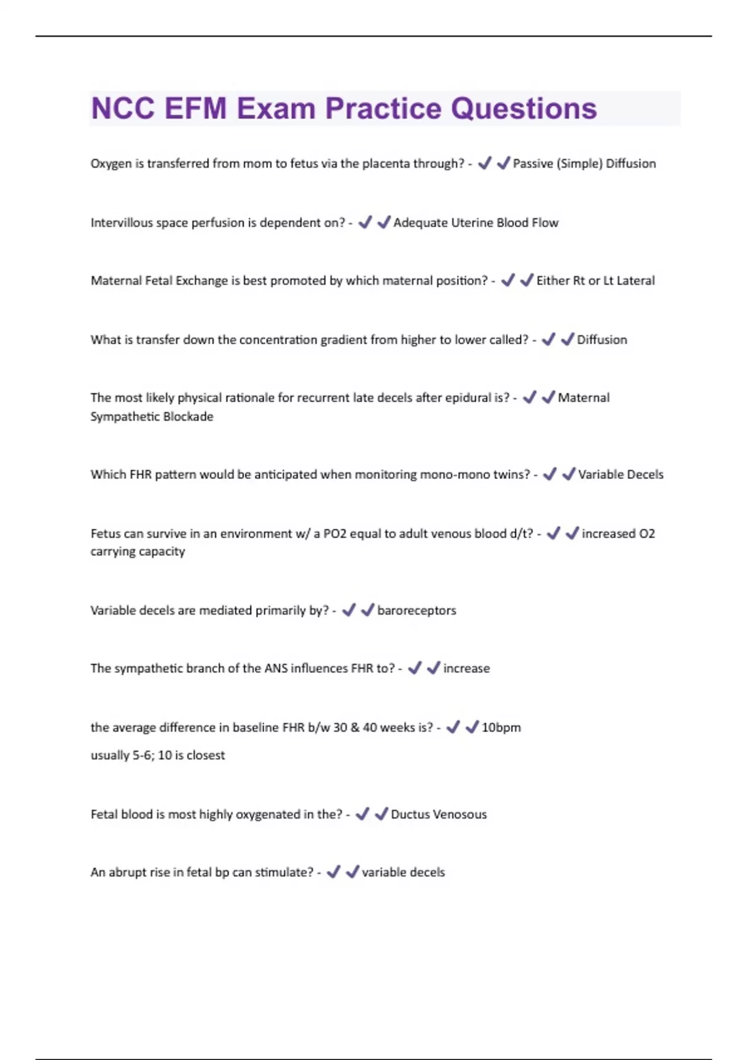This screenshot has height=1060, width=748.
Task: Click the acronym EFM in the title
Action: point(196,108)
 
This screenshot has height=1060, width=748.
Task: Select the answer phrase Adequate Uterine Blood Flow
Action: point(476,223)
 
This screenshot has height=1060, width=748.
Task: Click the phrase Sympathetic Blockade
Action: point(151,417)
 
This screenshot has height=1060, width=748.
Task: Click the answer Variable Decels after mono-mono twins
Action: point(621,475)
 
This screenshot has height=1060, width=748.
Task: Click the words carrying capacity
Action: point(138,552)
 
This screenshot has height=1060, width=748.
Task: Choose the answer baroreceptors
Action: point(416,610)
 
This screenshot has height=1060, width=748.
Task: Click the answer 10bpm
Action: point(501,728)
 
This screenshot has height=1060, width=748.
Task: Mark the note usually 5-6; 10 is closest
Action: point(158,755)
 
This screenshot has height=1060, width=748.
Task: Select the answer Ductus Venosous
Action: point(439,814)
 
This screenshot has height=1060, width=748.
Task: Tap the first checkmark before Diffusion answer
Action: point(549,339)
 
